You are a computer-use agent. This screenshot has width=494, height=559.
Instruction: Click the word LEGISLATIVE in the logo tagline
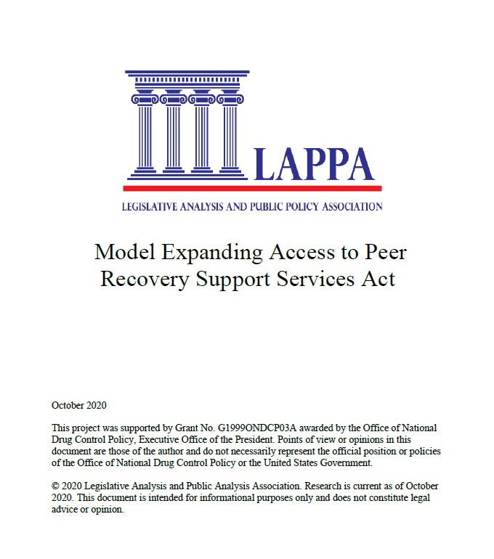150,207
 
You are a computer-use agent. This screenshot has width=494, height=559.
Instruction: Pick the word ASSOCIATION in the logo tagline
348,207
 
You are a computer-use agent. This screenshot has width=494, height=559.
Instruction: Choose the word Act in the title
379,279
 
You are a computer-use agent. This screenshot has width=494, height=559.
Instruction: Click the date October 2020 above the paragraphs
79,405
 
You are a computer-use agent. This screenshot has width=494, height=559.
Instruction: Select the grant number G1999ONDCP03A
268,428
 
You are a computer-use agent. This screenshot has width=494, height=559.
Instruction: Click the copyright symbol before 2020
56,486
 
